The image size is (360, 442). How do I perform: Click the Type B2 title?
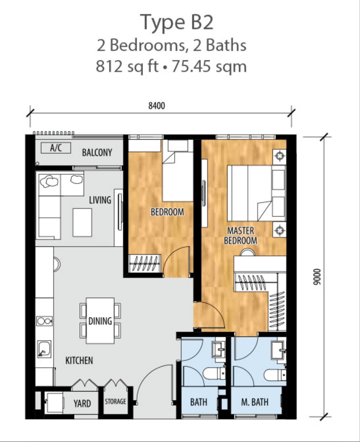click(177, 22)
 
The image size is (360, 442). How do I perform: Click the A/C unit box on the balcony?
click(56, 147)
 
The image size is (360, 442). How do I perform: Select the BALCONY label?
click(97, 152)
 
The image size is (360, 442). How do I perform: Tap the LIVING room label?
click(100, 200)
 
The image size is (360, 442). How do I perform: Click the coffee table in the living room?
click(82, 222)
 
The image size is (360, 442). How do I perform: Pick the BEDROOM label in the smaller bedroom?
click(167, 212)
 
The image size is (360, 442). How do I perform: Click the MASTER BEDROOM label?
click(240, 236)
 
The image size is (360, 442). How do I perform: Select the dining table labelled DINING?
click(100, 320)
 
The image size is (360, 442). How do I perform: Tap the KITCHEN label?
click(79, 360)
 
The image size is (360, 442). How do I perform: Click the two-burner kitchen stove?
click(44, 321)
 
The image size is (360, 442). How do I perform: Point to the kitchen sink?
click(44, 349)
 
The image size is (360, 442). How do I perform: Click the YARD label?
click(82, 403)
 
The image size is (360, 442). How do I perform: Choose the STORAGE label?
click(115, 401)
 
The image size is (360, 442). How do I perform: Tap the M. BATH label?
click(254, 402)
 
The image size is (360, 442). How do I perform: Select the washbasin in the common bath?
click(219, 350)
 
